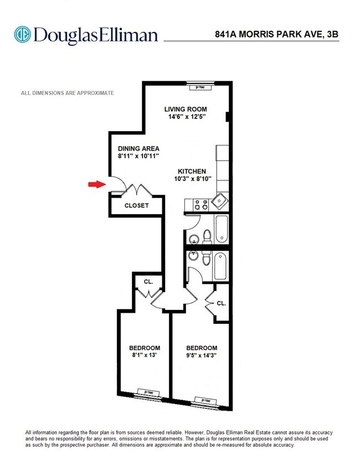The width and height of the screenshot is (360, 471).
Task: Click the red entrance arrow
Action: click(97, 184)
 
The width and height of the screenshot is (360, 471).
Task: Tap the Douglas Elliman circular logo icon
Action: click(23, 34)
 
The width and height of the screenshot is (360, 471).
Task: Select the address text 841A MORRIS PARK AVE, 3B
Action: click(276, 34)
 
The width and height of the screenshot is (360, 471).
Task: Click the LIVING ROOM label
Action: click(186, 109)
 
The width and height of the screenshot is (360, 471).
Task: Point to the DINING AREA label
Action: click(138, 148)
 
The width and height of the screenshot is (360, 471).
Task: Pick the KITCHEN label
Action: click(192, 172)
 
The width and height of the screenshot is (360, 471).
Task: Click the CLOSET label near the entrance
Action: click(136, 205)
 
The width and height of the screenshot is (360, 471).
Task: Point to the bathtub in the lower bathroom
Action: click(220, 266)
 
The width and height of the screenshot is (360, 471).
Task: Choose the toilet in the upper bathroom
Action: click(206, 237)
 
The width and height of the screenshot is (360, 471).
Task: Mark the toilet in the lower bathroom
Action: click(206, 258)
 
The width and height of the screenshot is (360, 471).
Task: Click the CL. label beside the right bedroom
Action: click(221, 303)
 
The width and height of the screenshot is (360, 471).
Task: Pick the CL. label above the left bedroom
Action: click(148, 281)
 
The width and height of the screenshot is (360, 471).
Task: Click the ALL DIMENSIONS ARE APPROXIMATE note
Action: click(67, 93)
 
